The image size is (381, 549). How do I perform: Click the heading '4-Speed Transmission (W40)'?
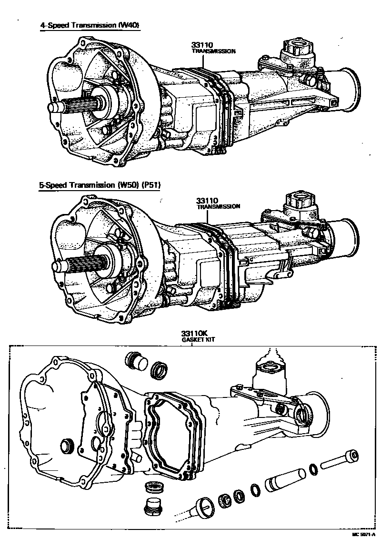90,26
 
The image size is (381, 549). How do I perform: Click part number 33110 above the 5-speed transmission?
206,202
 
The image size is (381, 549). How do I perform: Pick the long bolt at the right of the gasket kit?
339,458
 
